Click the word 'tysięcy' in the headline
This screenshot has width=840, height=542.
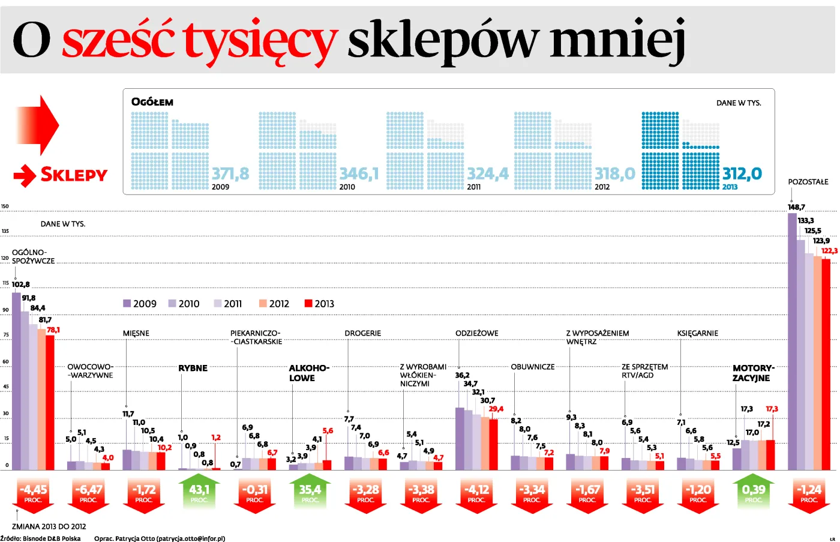pos(260,41)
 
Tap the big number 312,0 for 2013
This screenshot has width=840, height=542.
pos(742,174)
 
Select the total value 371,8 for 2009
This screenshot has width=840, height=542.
pos(230,174)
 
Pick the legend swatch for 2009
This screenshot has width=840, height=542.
pos(127,304)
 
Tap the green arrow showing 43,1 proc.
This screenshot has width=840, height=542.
pos(199,493)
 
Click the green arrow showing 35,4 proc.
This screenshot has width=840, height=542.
pos(310,493)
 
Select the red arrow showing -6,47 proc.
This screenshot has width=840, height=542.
pos(88,494)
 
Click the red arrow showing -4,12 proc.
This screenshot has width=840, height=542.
pos(476,494)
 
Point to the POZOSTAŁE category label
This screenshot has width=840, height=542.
pos(808,182)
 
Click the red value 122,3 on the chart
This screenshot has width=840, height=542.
pos(829,251)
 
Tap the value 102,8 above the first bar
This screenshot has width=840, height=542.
pos(20,285)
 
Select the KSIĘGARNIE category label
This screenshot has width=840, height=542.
pos(697,333)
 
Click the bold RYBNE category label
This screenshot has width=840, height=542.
pos(193,368)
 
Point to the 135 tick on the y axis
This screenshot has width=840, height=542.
pos(5,231)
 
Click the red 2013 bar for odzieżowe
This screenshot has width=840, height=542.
pos(493,444)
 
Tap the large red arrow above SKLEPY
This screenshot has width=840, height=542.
pos(37,125)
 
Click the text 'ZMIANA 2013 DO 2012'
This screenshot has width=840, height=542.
pos(49,526)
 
